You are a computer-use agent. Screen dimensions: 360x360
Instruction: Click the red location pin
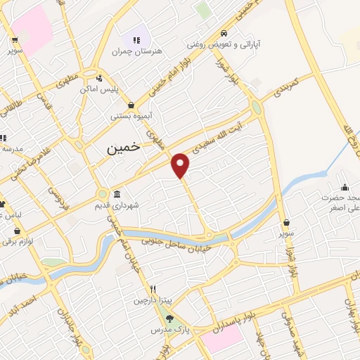[x=181, y=165]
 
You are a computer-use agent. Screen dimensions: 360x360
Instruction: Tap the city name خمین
[x=123, y=149]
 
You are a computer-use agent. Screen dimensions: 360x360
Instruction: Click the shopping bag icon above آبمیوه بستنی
[x=131, y=105]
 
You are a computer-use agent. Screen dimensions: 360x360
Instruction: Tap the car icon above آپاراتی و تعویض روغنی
[x=224, y=32]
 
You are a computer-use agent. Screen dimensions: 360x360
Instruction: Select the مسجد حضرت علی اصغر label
[x=342, y=203]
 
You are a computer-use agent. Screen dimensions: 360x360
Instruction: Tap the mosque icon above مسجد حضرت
[x=345, y=187]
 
